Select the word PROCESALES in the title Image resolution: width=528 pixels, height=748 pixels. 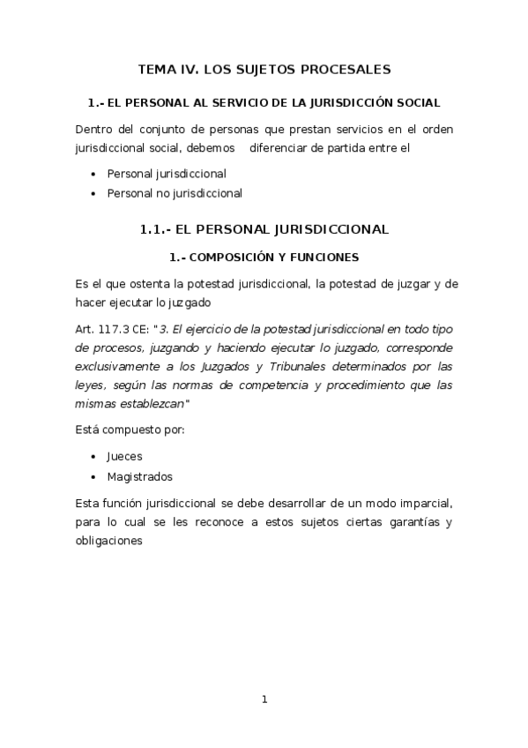point(349,69)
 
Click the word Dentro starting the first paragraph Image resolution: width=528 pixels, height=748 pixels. point(95,129)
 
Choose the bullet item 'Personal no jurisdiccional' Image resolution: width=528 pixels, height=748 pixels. point(174,193)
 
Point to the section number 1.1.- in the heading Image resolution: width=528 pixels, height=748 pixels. point(155,229)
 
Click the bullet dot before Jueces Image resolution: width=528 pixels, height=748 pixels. point(94,457)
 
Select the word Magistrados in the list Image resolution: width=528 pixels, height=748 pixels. point(139,476)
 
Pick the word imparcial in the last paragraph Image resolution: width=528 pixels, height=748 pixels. point(421,502)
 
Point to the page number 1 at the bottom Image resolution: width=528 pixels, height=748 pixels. point(264,699)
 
